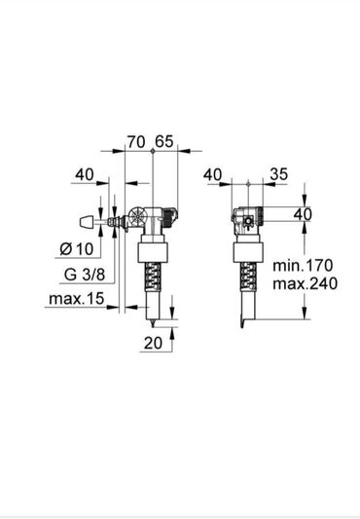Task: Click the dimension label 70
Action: click(136, 142)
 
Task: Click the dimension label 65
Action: click(164, 141)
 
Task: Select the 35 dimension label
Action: click(279, 174)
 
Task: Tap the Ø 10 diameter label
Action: click(77, 248)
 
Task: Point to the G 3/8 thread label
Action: click(85, 275)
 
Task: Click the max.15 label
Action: click(77, 299)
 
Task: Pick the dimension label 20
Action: click(153, 344)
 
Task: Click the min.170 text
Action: click(303, 265)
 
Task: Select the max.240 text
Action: click(306, 283)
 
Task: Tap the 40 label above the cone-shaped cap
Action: click(85, 174)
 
